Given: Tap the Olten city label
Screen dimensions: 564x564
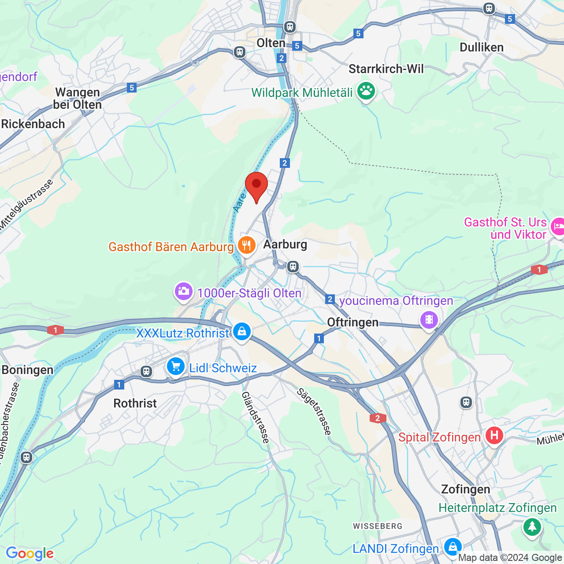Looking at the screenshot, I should coord(271,43).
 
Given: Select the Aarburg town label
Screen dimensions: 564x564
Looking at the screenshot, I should coord(285,244).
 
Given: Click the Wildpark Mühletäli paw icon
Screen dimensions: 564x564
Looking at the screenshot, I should coord(366,91).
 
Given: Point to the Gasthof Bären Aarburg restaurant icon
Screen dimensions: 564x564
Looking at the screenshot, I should coord(246,245).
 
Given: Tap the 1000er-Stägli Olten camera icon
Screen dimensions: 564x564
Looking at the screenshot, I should coord(183,291).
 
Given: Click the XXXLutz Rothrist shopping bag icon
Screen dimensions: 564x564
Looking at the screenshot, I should coord(241,332).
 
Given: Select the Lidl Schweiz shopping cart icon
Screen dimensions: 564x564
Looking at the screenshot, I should coord(175,366).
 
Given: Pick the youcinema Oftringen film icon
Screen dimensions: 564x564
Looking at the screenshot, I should coord(429,319).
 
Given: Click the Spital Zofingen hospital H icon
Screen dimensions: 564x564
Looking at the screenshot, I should coord(494,436).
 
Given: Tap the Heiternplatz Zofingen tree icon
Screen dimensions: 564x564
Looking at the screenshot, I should coord(532,526).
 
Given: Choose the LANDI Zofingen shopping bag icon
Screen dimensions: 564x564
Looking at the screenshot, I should coord(452,547).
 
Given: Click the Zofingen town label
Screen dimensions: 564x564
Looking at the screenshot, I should coord(465,489).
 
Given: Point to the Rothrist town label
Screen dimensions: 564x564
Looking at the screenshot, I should coord(135,403).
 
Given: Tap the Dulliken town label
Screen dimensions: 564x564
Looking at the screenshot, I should coord(481,48).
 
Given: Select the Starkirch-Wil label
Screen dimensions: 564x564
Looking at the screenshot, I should coord(386,69).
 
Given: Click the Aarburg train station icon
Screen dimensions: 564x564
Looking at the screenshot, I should coord(293,267).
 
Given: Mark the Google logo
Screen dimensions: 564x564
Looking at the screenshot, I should coord(30,553).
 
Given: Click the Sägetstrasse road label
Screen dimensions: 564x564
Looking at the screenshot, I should coord(314,412).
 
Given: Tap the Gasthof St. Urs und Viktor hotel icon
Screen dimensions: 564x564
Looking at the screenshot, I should coord(558,226).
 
